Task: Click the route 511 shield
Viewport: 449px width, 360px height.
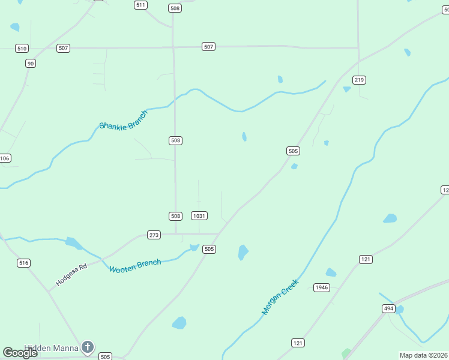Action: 140,5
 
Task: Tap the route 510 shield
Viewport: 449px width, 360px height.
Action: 22,48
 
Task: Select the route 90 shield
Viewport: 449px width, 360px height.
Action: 30,63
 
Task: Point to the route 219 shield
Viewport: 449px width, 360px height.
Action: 360,80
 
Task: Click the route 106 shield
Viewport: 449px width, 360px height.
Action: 5,158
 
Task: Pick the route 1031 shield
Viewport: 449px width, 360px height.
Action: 199,216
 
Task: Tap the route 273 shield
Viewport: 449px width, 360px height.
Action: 154,235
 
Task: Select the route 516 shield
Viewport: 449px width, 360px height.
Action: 23,263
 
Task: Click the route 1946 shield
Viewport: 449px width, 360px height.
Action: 322,287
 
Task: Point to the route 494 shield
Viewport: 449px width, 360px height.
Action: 388,308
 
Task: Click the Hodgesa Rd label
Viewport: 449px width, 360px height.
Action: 71,274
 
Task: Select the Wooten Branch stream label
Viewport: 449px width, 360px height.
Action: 135,266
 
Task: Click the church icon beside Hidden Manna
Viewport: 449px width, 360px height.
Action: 88,347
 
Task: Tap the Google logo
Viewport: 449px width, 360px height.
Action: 20,353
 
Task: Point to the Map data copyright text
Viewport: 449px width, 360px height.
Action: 424,355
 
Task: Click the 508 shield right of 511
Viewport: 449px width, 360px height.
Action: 175,8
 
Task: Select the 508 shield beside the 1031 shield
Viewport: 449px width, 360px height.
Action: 175,216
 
